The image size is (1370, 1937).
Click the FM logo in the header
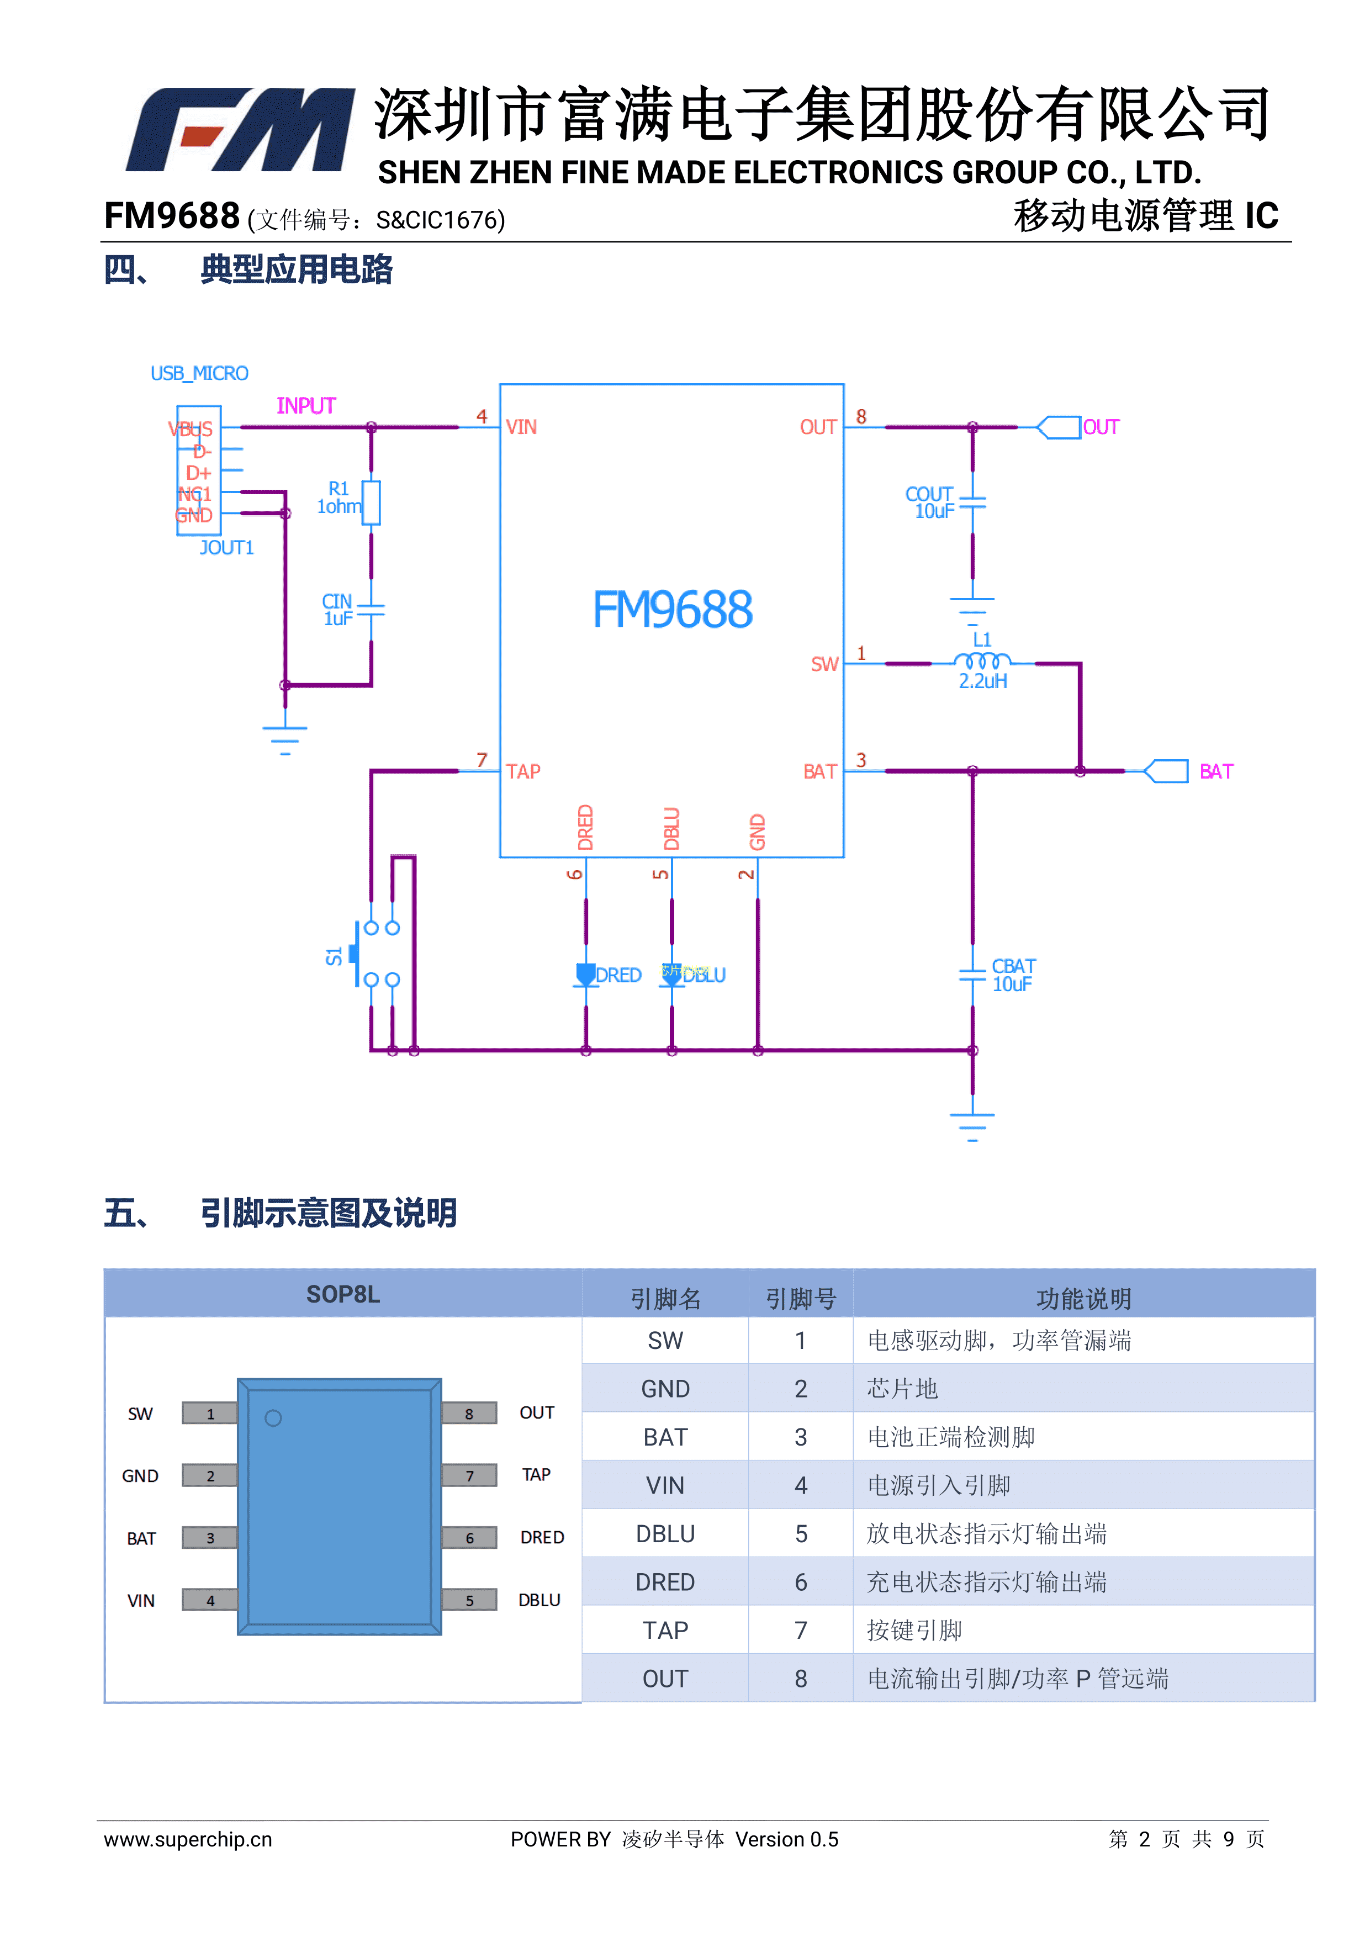240,130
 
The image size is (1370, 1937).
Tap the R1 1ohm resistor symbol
371,503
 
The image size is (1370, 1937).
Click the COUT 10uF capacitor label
930,502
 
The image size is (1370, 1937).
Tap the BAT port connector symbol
1167,771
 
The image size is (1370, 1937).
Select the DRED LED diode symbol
585,975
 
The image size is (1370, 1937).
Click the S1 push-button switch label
334,956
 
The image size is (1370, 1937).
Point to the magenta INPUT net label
306,406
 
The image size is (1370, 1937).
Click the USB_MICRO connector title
199,373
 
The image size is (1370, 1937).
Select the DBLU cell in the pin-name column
665,1534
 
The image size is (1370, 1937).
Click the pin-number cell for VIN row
801,1486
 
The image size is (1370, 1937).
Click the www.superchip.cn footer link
188,1839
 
